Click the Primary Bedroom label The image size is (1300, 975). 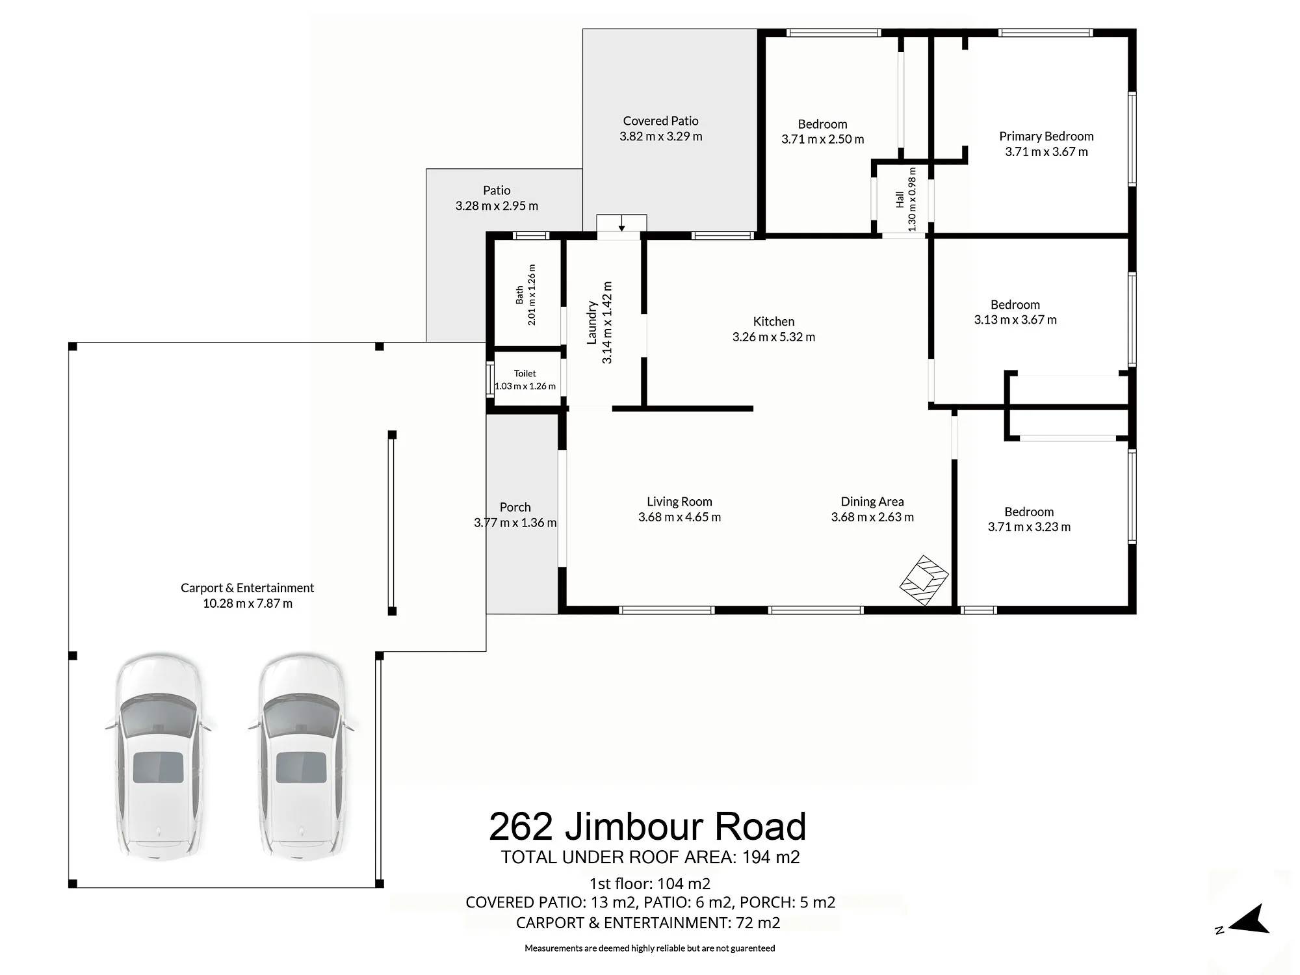(x=1046, y=136)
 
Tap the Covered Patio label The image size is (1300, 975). (x=660, y=121)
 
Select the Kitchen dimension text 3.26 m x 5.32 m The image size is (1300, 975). (x=773, y=337)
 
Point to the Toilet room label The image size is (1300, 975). (x=525, y=374)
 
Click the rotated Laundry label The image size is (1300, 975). (x=591, y=322)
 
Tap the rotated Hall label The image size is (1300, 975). (x=900, y=199)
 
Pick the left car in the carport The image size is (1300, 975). (x=159, y=757)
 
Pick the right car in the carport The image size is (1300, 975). (x=302, y=757)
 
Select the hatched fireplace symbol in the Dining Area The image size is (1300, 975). (x=924, y=580)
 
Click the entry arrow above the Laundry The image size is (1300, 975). (x=622, y=224)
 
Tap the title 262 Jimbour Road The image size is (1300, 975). (x=647, y=826)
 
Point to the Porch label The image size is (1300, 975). (x=515, y=507)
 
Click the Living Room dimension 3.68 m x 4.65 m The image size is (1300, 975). (x=679, y=517)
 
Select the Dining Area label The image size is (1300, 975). (x=872, y=502)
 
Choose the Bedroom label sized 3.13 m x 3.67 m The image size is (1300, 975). (x=1015, y=305)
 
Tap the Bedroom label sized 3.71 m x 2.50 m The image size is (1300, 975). (x=822, y=124)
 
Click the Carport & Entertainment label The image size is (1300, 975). (x=247, y=588)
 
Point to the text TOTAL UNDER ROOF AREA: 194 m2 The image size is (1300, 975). (x=650, y=857)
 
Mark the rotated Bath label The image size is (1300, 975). (x=519, y=295)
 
